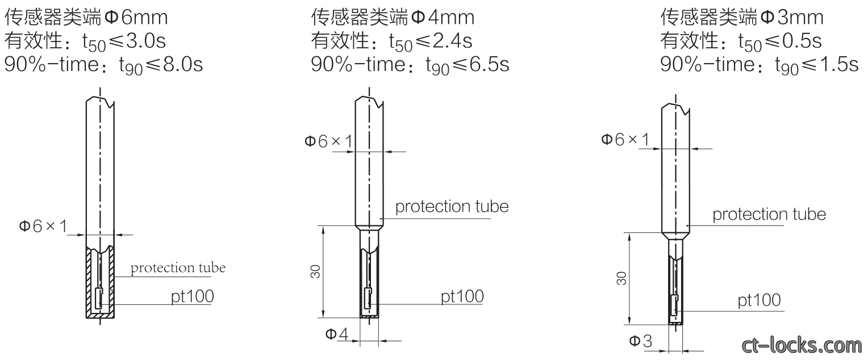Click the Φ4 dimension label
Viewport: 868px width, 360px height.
(x=337, y=334)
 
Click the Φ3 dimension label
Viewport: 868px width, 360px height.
(x=641, y=341)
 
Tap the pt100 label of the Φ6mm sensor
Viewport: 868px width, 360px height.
(x=192, y=296)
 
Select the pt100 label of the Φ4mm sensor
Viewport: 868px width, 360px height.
(x=462, y=296)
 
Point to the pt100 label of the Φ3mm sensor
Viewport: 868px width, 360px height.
(x=759, y=300)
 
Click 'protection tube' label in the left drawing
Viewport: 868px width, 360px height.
(x=178, y=268)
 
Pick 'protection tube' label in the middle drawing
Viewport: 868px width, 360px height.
(x=452, y=207)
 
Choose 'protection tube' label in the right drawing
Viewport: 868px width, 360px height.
(x=769, y=214)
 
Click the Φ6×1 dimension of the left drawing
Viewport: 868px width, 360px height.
(x=43, y=226)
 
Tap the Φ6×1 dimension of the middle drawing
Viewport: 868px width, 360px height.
(x=328, y=141)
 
